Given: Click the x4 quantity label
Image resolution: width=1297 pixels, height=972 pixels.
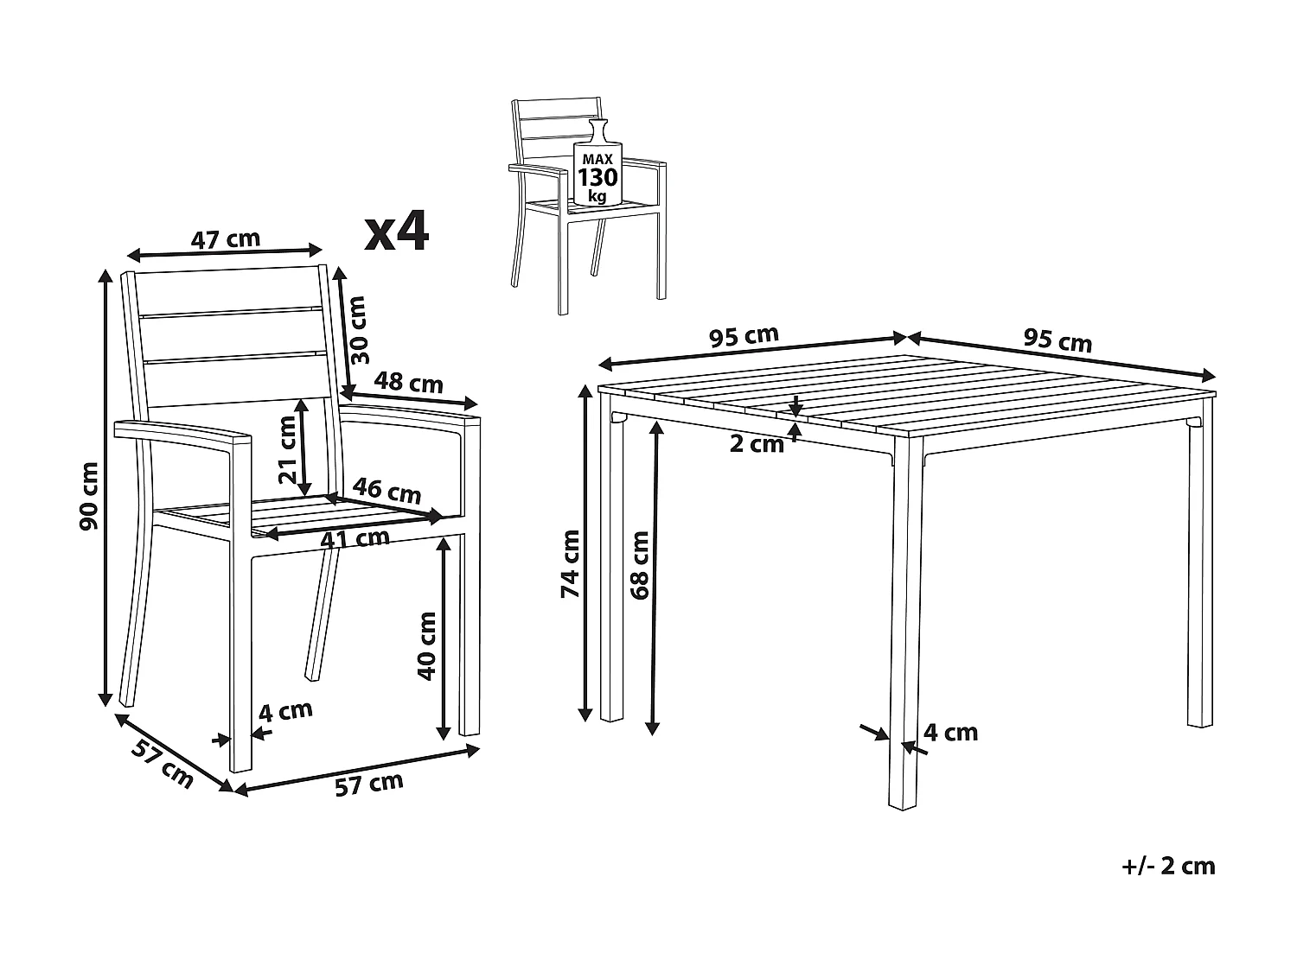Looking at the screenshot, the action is tap(397, 232).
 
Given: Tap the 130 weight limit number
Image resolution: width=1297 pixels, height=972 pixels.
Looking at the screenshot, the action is tap(597, 177).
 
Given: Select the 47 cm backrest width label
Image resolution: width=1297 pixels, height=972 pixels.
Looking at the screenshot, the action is tap(225, 239).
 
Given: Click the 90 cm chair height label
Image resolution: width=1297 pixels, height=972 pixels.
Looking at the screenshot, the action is tap(89, 496).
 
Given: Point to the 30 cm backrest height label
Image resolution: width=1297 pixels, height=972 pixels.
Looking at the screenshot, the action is tap(358, 330).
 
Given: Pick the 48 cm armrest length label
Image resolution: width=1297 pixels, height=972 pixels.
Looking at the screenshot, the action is tap(408, 383).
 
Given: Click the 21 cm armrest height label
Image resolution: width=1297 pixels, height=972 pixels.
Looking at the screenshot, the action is tap(287, 449).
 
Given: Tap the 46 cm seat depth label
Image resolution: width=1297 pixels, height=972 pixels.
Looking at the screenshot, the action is tap(387, 491).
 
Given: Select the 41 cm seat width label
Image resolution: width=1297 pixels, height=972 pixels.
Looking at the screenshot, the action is tap(355, 538).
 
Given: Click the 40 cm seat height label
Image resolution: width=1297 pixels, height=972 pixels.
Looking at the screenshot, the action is tap(426, 646).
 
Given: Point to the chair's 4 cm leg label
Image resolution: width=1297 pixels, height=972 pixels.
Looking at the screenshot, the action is tap(285, 711).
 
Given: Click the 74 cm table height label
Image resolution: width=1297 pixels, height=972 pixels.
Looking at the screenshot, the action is tap(570, 564).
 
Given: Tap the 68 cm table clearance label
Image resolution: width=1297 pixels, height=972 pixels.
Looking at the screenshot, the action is tap(639, 565).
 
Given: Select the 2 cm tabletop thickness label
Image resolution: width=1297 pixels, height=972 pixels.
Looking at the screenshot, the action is tap(757, 444).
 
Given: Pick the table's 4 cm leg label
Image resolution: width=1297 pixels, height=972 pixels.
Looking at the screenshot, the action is tap(951, 733).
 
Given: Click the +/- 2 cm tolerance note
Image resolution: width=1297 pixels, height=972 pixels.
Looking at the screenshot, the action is tap(1168, 867).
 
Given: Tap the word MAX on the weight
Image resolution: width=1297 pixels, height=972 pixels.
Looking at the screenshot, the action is tap(597, 159).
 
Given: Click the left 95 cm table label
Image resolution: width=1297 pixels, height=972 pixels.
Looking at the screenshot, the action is tap(744, 336).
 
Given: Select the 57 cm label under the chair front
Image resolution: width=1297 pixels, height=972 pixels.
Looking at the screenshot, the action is tap(368, 784).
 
